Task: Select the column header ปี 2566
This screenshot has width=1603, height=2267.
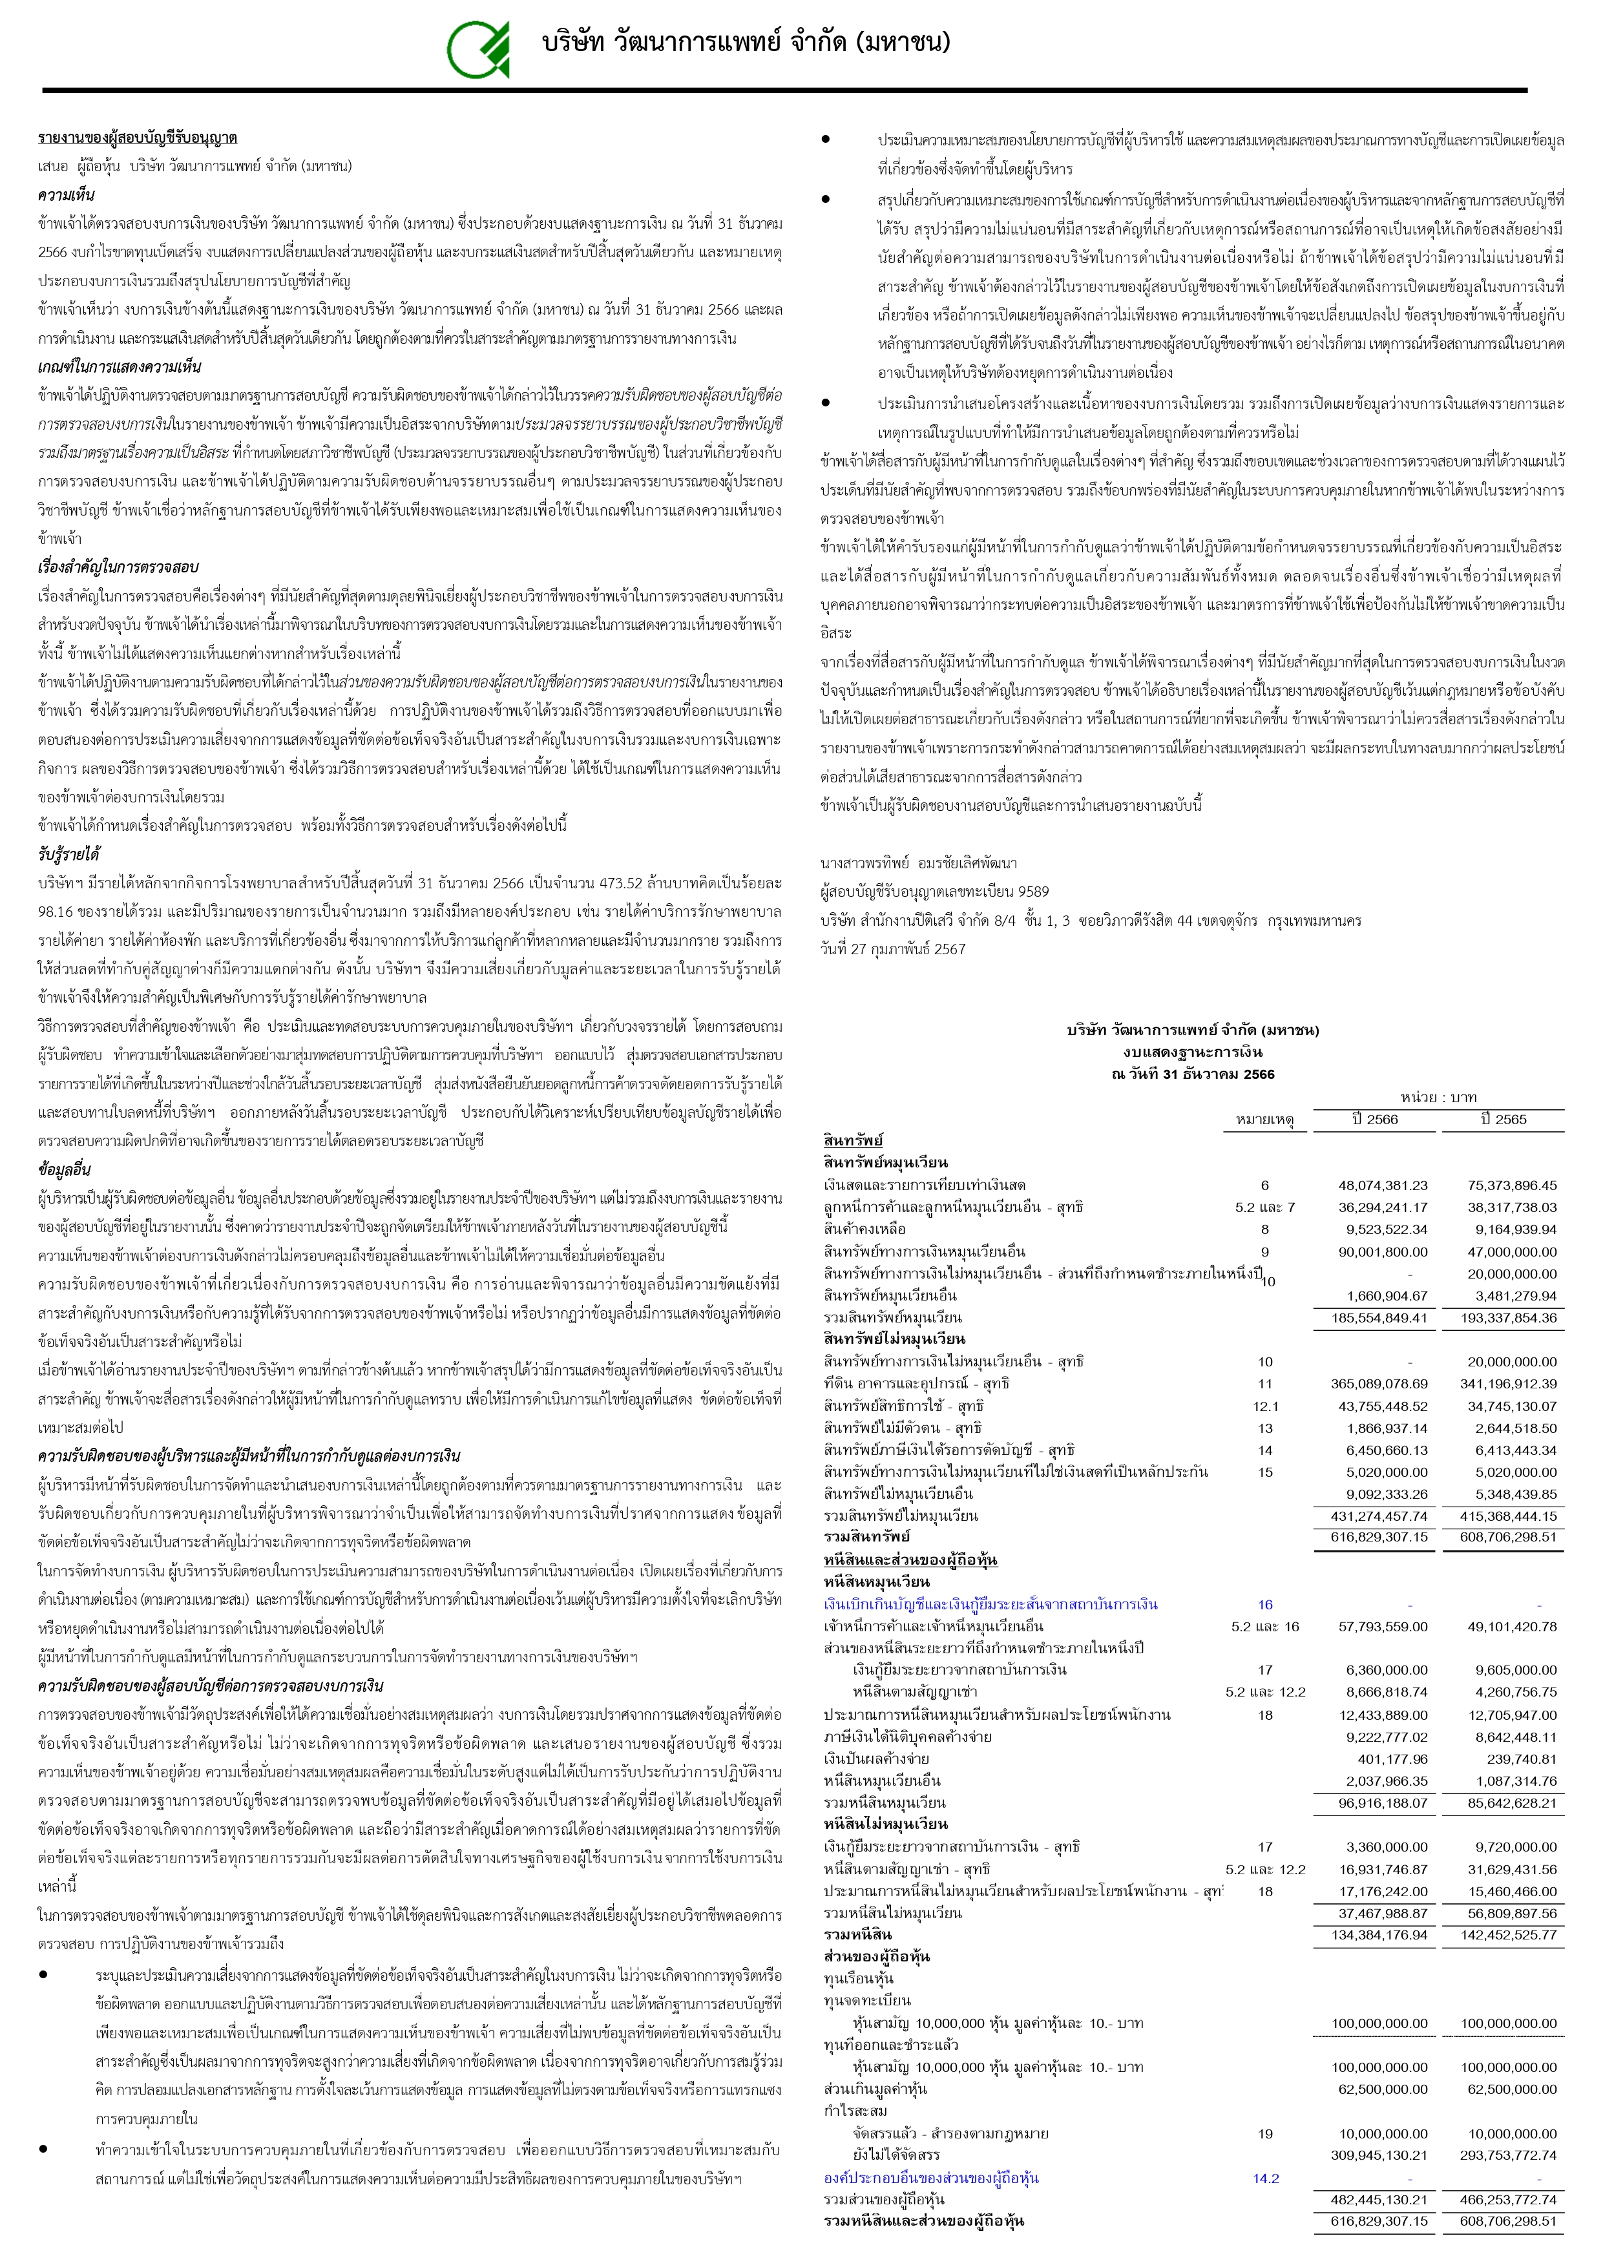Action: click(1375, 1119)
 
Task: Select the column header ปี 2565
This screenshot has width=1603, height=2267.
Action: click(1503, 1119)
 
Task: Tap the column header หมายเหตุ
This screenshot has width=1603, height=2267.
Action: click(1264, 1119)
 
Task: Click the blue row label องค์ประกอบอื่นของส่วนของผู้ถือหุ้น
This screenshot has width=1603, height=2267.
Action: click(932, 2177)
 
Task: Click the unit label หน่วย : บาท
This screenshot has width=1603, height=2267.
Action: click(1437, 1097)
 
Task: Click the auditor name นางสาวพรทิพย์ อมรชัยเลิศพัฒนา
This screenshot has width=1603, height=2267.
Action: click(919, 863)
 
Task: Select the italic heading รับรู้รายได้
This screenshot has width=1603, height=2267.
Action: click(68, 854)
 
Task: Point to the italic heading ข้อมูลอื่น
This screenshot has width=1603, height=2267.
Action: click(64, 1169)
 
